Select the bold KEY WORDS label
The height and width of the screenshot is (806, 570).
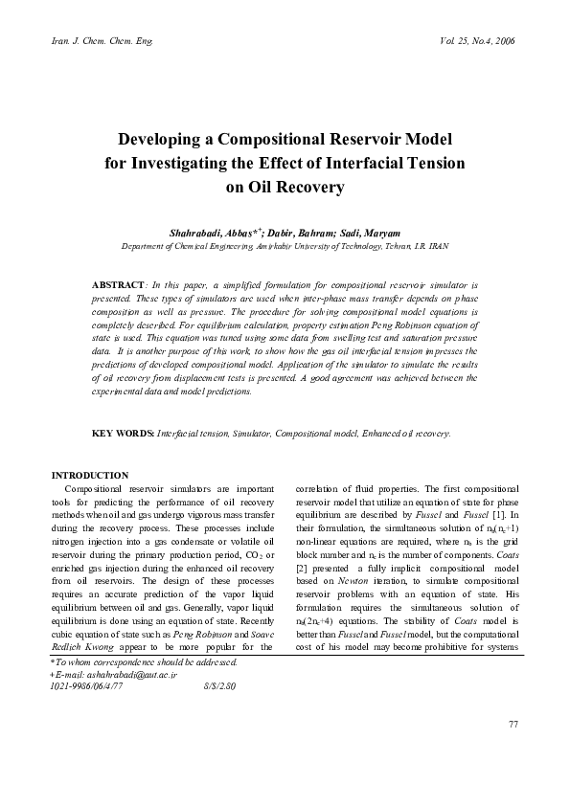[122, 434]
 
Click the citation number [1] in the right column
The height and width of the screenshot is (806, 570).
[498, 516]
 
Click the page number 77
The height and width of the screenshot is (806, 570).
[513, 750]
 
